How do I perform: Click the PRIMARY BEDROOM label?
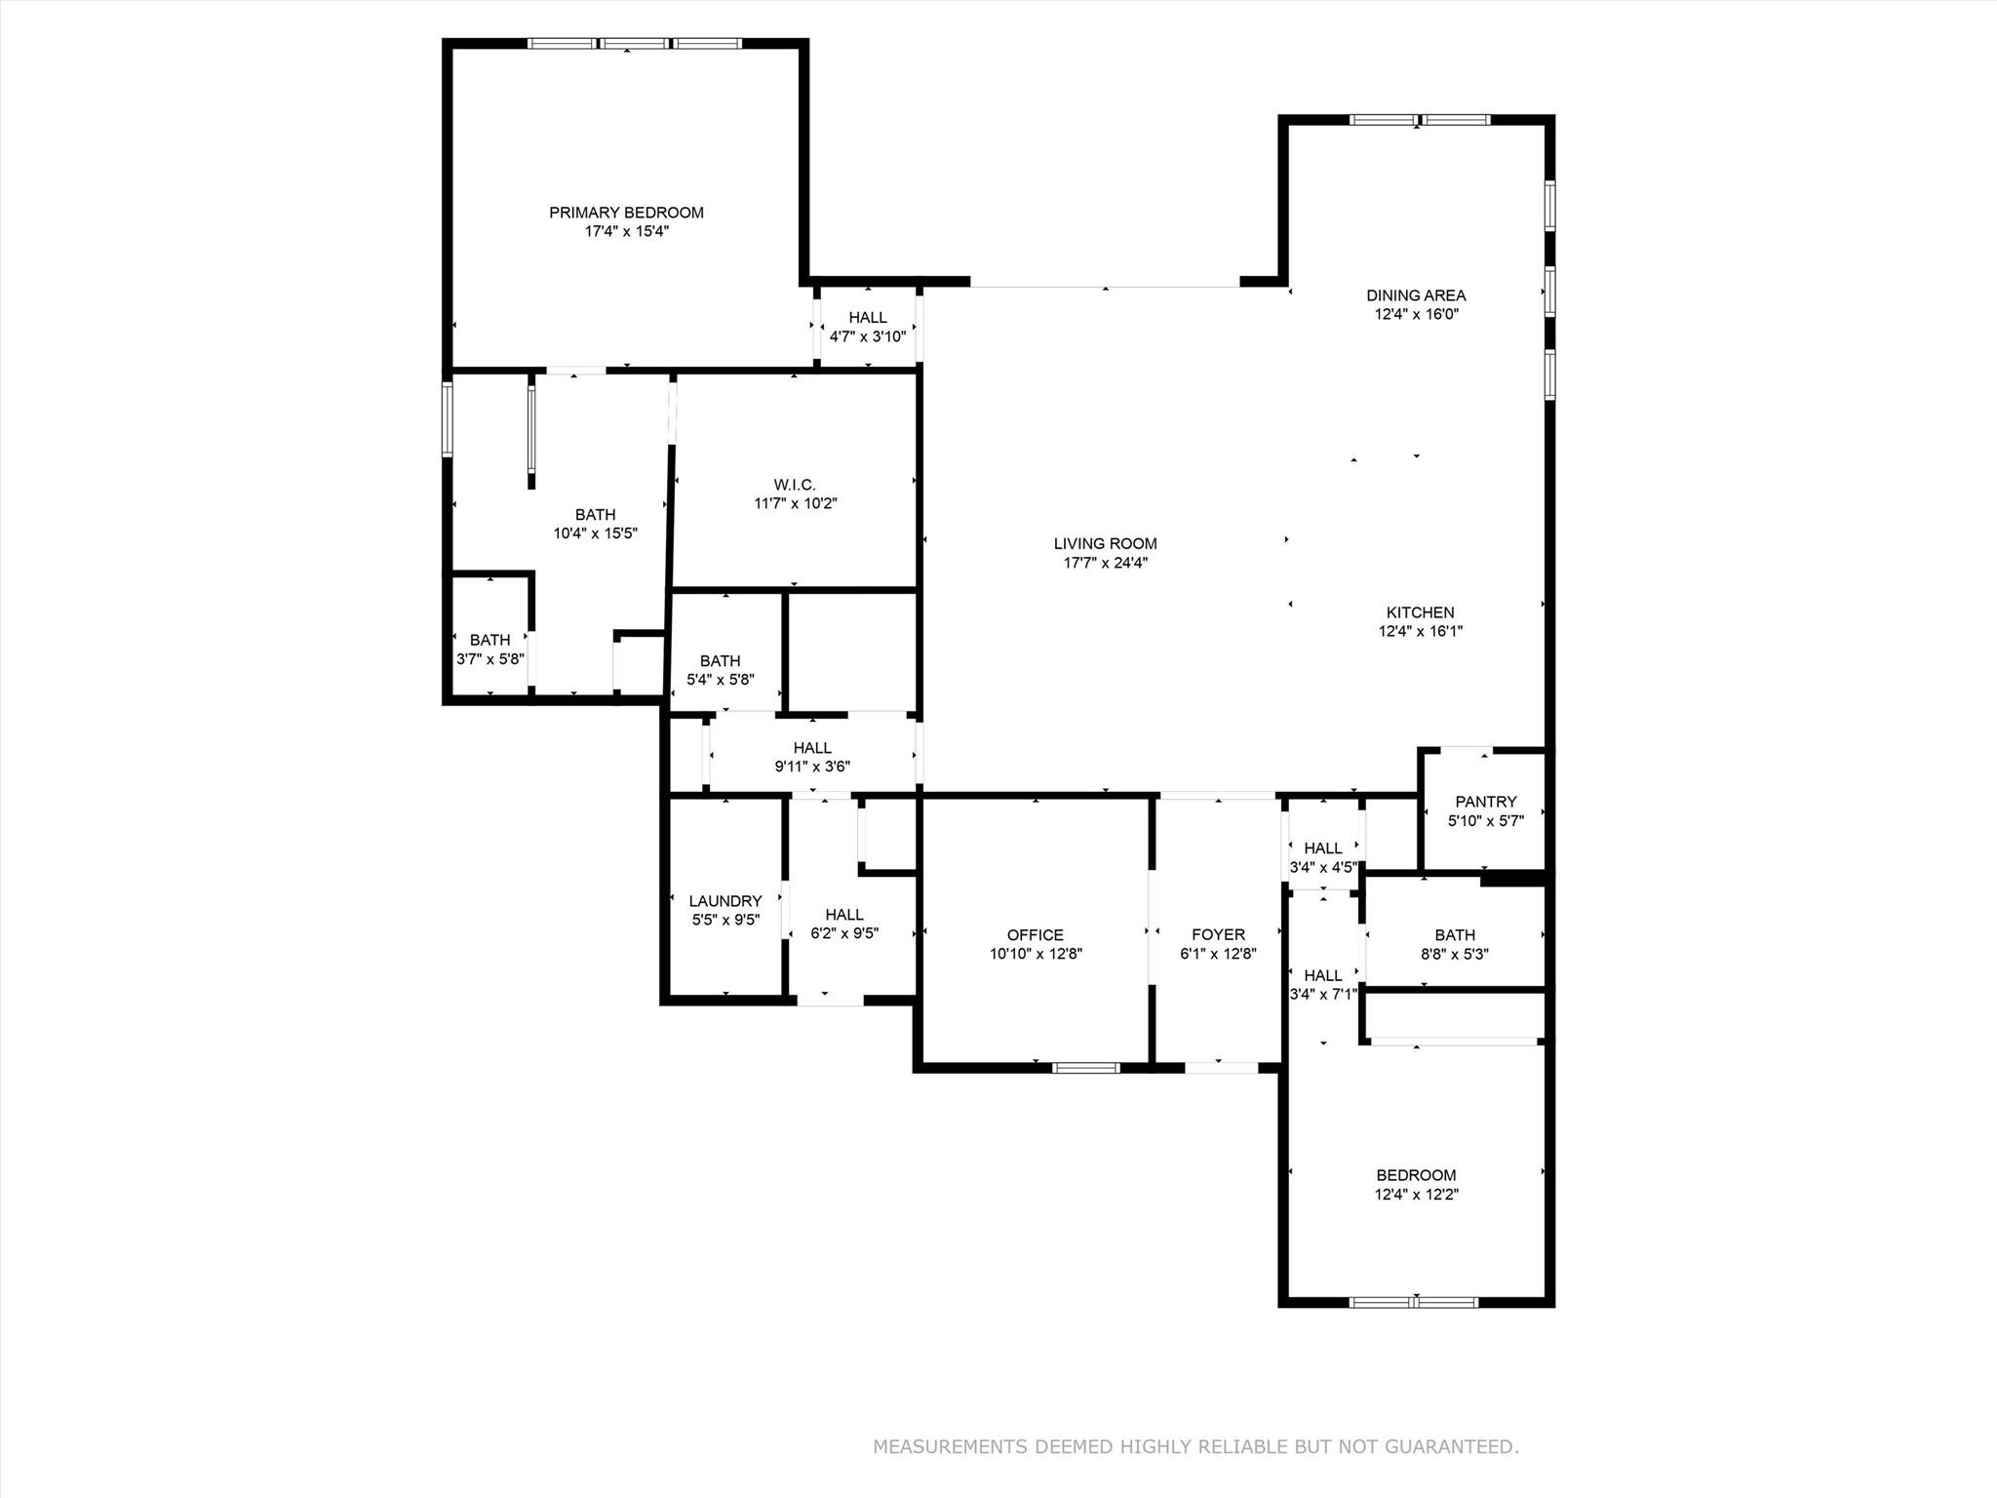pos(626,213)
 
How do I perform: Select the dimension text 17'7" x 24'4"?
pos(1105,563)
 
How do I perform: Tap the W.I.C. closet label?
pos(795,485)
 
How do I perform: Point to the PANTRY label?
pos(1485,802)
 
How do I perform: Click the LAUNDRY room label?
pos(724,901)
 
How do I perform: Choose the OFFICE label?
pos(1035,935)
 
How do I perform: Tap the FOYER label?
pos(1218,935)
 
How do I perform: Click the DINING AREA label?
pos(1416,296)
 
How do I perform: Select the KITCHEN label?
pos(1420,612)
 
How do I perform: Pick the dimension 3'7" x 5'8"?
pos(489,659)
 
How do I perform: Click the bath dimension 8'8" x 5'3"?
pos(1454,955)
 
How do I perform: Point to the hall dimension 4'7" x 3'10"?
pos(867,337)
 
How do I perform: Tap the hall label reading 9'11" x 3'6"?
pos(812,767)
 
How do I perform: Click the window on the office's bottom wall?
pos(1085,1068)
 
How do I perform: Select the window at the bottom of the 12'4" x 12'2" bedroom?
pos(1414,1302)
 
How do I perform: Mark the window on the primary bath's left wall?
pos(448,419)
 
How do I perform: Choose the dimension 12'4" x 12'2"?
pos(1416,1195)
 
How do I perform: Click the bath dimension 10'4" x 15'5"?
pos(595,533)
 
